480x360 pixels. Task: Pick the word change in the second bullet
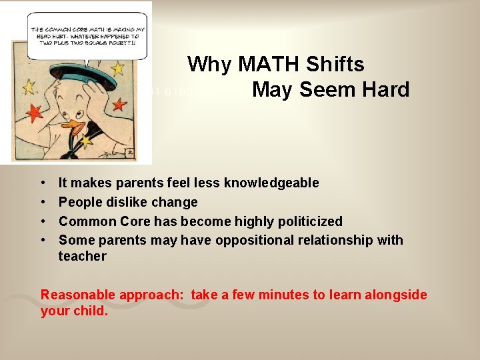175,202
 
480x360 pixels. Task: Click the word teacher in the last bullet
82,256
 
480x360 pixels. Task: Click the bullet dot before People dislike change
43,202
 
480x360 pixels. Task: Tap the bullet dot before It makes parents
43,183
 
